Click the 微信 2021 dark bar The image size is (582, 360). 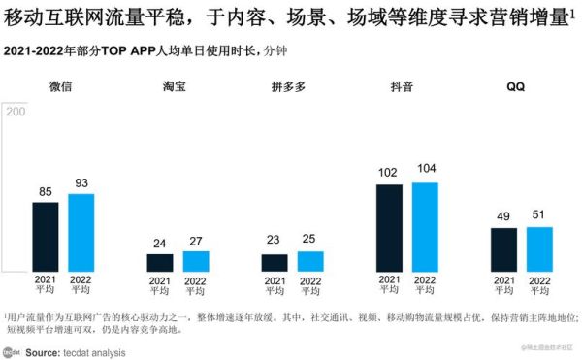[46, 237]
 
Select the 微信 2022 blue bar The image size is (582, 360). [81, 233]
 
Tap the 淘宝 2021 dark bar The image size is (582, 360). [160, 263]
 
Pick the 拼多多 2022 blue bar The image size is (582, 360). [310, 262]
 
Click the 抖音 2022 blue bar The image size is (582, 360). [425, 227]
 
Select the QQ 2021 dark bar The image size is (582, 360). [503, 250]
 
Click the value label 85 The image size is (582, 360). [46, 191]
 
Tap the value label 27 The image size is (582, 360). [196, 241]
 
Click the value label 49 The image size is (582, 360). [503, 217]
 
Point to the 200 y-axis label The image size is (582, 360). [16, 112]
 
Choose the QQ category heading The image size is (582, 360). [516, 86]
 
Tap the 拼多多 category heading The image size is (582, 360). [290, 86]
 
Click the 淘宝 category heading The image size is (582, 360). [176, 86]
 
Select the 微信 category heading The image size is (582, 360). [61, 86]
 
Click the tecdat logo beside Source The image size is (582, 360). [13, 353]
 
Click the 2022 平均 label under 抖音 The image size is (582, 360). [425, 285]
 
